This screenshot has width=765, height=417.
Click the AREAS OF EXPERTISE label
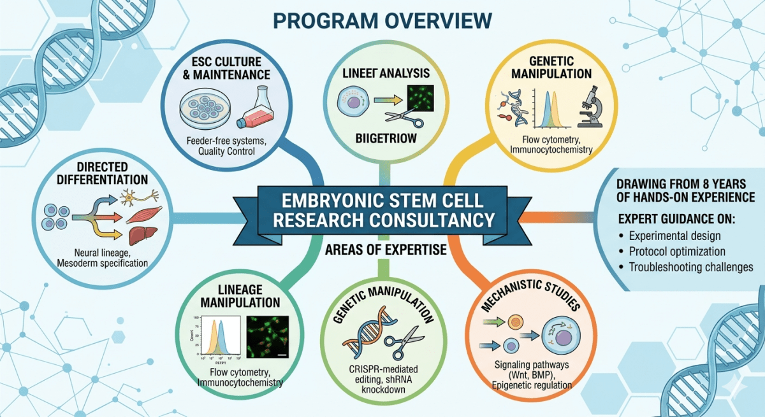[382, 250]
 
